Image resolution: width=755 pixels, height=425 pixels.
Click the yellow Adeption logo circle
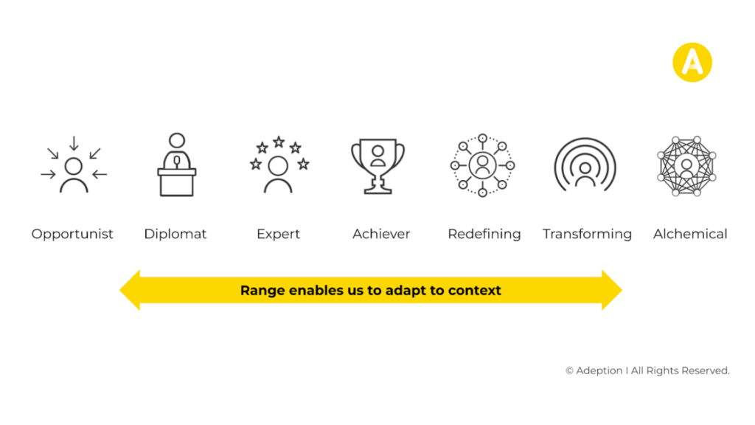click(692, 63)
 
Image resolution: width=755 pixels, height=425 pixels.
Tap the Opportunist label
click(72, 234)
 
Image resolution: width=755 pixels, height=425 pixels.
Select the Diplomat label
click(175, 234)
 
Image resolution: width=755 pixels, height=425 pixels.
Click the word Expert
click(278, 234)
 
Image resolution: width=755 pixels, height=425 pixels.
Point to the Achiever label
click(381, 234)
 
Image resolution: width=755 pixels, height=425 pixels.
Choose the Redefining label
click(484, 234)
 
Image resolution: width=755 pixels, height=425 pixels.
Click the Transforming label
click(587, 234)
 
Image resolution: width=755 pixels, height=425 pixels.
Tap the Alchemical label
click(690, 234)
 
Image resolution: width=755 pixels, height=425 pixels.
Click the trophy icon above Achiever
click(378, 166)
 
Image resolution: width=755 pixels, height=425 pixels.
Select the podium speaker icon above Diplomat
click(177, 165)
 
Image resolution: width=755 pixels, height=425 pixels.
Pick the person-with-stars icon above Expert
click(279, 165)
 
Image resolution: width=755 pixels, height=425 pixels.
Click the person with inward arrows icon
click(74, 165)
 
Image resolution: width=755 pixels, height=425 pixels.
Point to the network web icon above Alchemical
click(686, 166)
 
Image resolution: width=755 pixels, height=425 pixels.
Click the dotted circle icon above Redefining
click(482, 165)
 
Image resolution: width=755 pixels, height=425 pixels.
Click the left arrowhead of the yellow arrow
click(130, 290)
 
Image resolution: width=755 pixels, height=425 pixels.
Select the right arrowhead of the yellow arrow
click(612, 290)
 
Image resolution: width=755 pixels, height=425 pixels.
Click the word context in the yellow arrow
click(475, 291)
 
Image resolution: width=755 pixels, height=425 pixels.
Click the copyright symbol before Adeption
click(570, 370)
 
